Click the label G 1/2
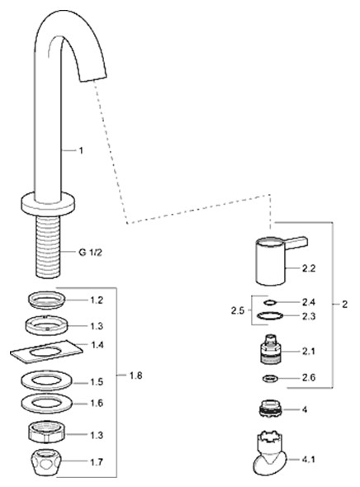coord(90,253)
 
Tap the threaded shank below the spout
coord(48,247)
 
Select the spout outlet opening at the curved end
coord(94,78)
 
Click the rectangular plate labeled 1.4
coord(46,352)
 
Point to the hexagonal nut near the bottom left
coord(47,432)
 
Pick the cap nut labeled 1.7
coord(47,462)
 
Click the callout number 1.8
coord(135,376)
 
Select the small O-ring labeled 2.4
coord(270,302)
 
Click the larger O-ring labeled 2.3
coord(270,316)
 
